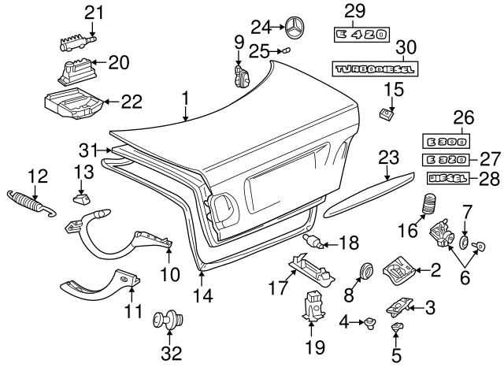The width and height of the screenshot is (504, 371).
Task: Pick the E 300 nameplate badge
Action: tap(446, 143)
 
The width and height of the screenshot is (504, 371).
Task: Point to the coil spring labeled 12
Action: tap(31, 202)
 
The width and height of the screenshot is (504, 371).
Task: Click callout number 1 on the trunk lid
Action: tap(186, 100)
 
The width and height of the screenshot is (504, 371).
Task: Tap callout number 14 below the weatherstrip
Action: tap(202, 295)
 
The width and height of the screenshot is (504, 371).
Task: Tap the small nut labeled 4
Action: tap(369, 321)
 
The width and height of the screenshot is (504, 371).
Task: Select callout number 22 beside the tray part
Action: tap(132, 101)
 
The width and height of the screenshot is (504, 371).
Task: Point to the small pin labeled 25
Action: tap(287, 50)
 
